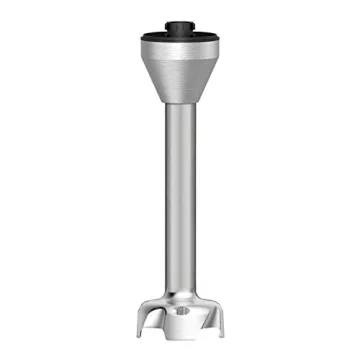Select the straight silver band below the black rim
(x=180, y=48)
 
